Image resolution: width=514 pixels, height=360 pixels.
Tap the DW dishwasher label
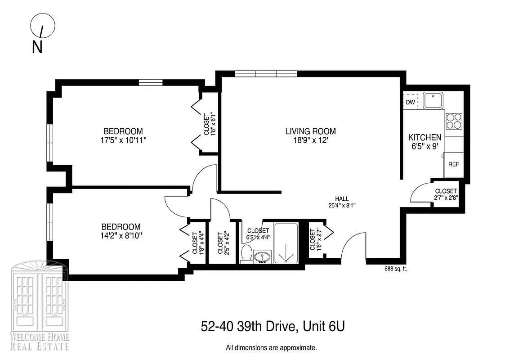[x=410, y=102]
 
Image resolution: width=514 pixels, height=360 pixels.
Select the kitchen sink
[x=433, y=100]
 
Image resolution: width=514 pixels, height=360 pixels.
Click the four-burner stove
[x=454, y=121]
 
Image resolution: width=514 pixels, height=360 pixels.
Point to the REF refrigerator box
[x=453, y=164]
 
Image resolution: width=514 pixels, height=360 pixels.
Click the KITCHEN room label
[x=425, y=137]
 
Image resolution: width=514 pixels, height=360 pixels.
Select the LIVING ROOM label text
[x=310, y=131]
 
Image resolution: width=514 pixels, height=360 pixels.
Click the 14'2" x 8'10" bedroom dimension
[x=121, y=235]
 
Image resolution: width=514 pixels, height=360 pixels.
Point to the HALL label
[x=342, y=198]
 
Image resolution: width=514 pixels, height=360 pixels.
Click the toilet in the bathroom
[x=246, y=253]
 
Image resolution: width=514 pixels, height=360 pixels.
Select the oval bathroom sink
[x=262, y=257]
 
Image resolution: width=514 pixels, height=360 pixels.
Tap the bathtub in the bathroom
[x=286, y=243]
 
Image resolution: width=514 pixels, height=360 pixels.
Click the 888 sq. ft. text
[x=396, y=269]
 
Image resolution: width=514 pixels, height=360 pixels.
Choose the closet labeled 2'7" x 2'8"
[x=446, y=194]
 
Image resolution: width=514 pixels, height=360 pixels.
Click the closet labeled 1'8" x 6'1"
[x=209, y=124]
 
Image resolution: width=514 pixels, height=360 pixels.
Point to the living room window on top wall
[x=266, y=74]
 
